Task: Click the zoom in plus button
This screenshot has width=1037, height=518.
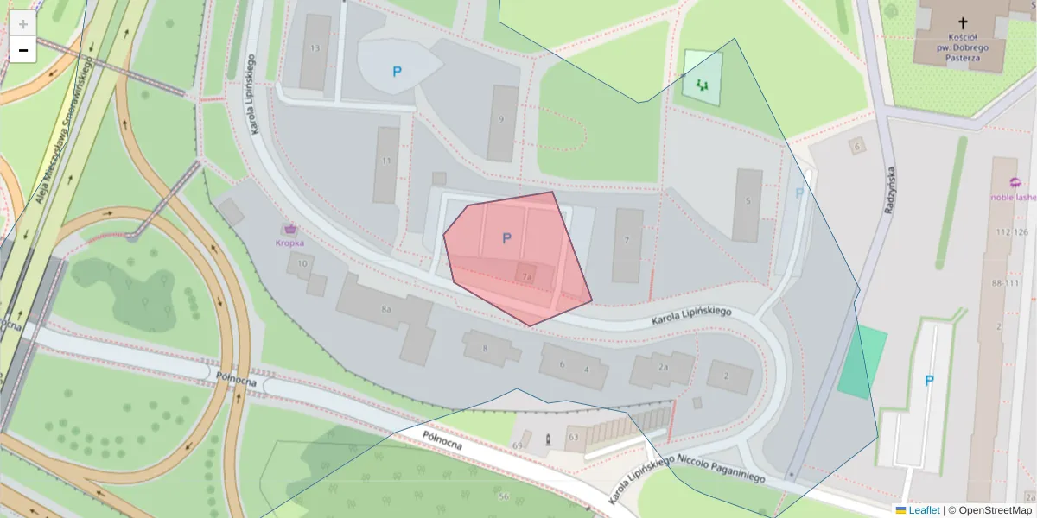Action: pyautogui.click(x=23, y=24)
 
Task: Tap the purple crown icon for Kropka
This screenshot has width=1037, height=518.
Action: pyautogui.click(x=290, y=229)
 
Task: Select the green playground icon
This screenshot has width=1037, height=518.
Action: pyautogui.click(x=702, y=85)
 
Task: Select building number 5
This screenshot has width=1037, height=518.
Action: pyautogui.click(x=748, y=203)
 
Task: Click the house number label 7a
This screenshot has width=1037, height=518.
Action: pyautogui.click(x=526, y=276)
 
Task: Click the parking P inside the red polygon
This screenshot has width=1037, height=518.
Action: pyautogui.click(x=506, y=238)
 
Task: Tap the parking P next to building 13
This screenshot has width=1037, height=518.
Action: pyautogui.click(x=397, y=72)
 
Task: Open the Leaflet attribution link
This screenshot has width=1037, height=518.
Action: pyautogui.click(x=924, y=510)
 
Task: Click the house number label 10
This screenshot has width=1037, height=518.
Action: pyautogui.click(x=302, y=263)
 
